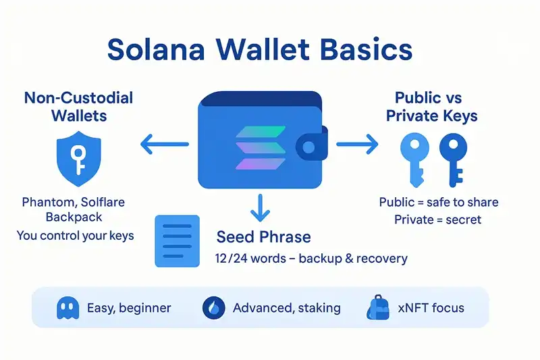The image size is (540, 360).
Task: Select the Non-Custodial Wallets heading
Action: coord(79,106)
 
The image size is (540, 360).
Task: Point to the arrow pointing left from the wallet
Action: coord(164,143)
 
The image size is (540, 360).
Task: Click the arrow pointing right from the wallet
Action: coord(357,143)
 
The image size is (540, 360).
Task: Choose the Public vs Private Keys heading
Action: coord(432,106)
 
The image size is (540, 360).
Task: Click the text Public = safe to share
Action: coord(438,202)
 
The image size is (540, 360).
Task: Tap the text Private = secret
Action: coord(438,220)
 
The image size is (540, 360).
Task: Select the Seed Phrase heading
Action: coord(264,237)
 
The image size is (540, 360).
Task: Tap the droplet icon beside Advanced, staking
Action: coord(213,308)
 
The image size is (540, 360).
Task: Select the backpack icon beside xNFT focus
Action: coord(377,308)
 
